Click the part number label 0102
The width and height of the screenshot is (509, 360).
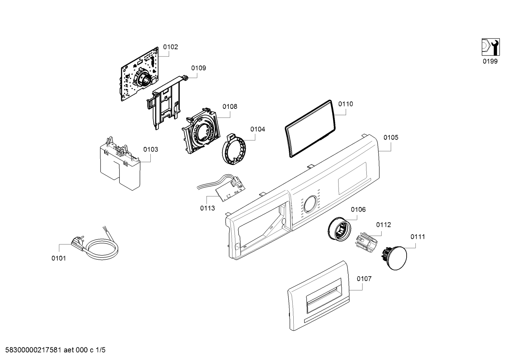pos(170,47)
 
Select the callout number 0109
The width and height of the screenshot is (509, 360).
pos(199,68)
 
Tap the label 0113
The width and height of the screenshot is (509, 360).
pos(208,208)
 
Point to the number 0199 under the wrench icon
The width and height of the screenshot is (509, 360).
pos(490,61)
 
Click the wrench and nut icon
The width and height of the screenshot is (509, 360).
pos(490,47)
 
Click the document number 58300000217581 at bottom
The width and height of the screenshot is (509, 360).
pos(32,350)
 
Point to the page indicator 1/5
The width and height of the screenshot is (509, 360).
pos(100,350)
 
